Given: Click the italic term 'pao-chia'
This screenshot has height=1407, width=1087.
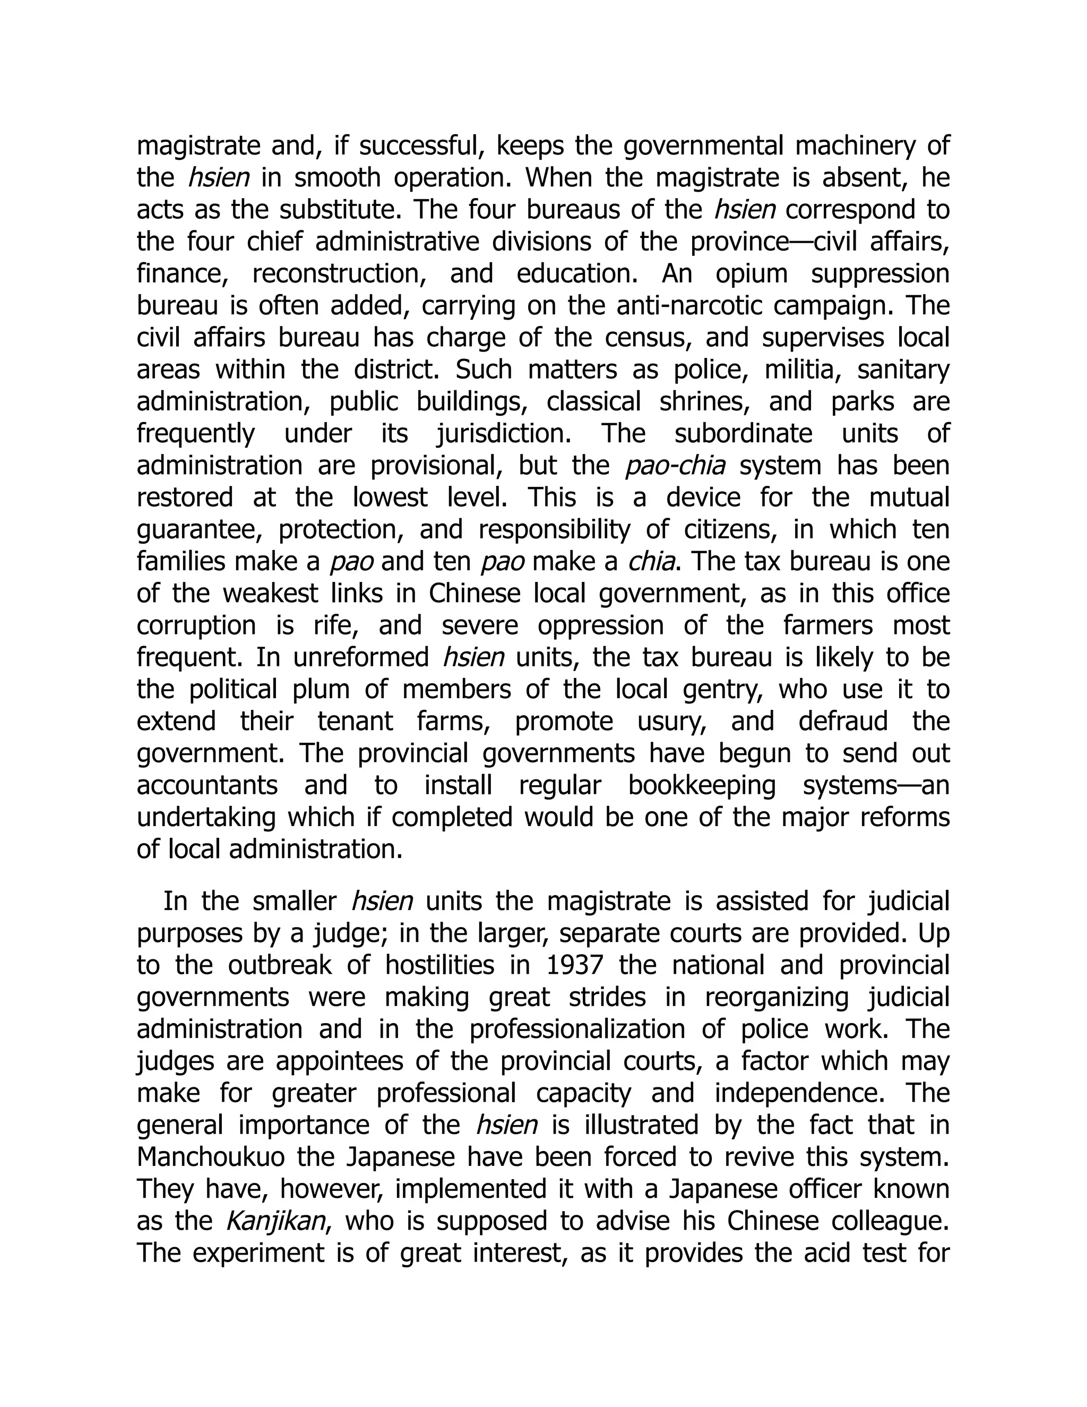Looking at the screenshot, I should click(675, 466).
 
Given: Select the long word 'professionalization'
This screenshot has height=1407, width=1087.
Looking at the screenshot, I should click(577, 1029).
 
